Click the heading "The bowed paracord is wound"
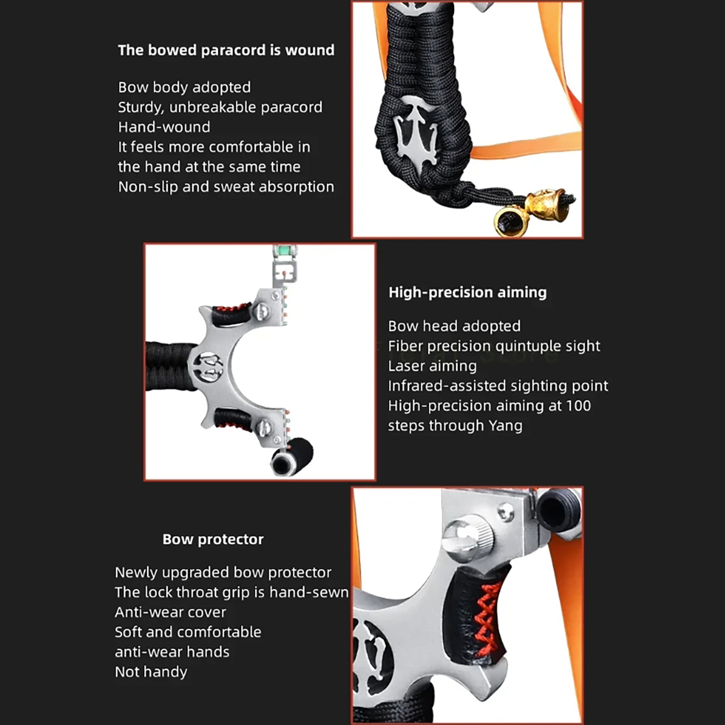coord(226,50)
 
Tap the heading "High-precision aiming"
coord(468,293)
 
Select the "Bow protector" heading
coord(213,539)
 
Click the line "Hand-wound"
coord(164,127)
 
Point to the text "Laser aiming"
coord(432,366)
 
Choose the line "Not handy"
coord(151,672)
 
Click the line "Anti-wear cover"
coord(170,612)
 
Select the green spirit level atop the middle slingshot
coord(285,250)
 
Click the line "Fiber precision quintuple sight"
coord(494,346)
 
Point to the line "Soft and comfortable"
coord(188,632)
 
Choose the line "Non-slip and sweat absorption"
coord(226,187)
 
